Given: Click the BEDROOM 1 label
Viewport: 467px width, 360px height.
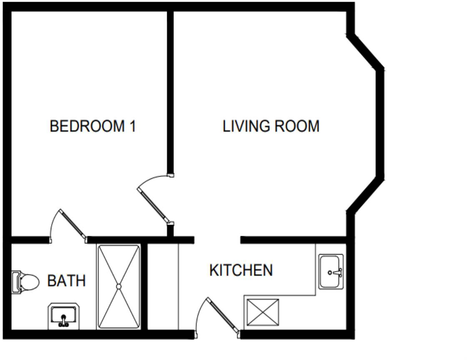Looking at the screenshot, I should pyautogui.click(x=93, y=126).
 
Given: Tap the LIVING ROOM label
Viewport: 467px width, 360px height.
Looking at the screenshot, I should pyautogui.click(x=271, y=126).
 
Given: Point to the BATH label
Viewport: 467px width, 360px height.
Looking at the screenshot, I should pyautogui.click(x=66, y=281).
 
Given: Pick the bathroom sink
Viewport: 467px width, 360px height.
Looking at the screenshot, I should pyautogui.click(x=63, y=315).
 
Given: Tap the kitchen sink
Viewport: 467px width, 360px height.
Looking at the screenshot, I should pyautogui.click(x=331, y=272).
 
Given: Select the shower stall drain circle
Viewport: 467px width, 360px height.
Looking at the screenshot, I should pyautogui.click(x=118, y=286).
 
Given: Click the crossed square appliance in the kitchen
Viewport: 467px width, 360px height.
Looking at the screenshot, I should pyautogui.click(x=262, y=312).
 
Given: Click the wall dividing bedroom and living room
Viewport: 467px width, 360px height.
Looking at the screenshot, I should pyautogui.click(x=170, y=92).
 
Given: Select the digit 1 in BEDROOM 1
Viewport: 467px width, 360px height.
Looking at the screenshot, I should pyautogui.click(x=132, y=126).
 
